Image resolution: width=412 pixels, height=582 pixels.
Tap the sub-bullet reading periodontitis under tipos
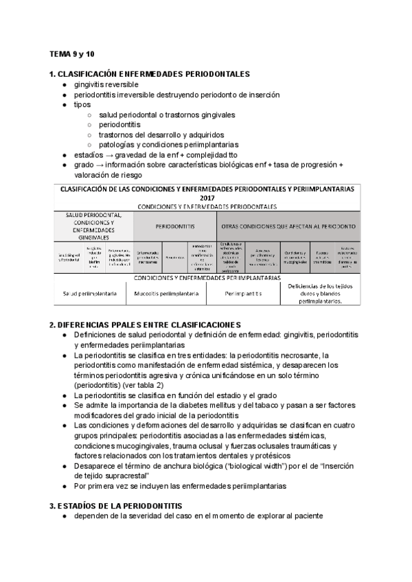point(119,125)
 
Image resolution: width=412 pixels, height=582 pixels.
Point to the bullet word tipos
point(82,104)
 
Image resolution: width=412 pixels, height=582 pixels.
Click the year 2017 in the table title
point(207,197)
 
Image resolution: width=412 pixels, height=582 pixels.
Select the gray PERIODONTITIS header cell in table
point(175,226)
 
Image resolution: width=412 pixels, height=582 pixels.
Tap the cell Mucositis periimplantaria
point(166,293)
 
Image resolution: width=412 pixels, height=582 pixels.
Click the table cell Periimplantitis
point(243,293)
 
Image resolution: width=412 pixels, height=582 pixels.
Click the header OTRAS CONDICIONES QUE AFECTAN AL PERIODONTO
point(288,226)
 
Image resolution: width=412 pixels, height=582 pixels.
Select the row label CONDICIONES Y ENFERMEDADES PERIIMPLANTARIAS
point(207,278)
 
